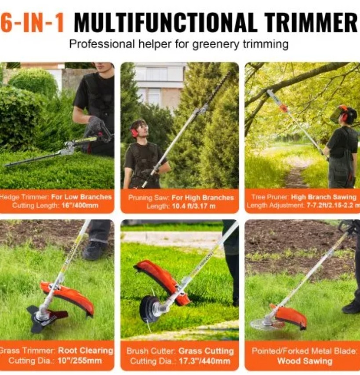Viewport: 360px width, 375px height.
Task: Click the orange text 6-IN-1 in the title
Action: [32, 22]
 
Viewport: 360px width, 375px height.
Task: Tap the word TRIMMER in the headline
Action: [310, 22]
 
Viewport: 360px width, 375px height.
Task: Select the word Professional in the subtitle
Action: [102, 44]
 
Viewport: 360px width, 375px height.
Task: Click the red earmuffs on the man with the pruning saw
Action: [135, 132]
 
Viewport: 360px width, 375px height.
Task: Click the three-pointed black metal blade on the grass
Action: [47, 319]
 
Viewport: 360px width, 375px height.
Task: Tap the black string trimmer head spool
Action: [149, 309]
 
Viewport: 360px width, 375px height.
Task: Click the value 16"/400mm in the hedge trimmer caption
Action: [80, 205]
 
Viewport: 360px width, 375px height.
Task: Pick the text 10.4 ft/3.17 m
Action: [193, 206]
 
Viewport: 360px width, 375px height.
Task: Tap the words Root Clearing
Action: [86, 350]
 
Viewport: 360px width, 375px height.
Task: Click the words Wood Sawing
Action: [305, 361]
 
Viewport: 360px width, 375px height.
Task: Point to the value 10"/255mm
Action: [80, 360]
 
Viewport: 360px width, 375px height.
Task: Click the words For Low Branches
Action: [81, 197]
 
